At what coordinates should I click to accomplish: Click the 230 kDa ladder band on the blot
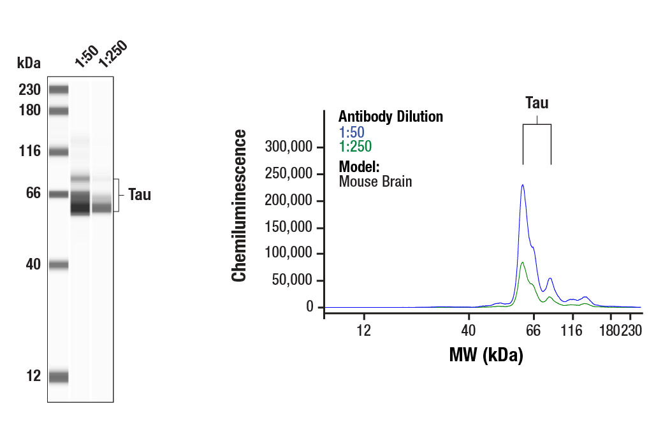tap(58, 89)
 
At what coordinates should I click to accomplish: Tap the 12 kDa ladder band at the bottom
tap(58, 377)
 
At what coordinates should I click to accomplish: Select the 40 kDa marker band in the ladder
tap(58, 265)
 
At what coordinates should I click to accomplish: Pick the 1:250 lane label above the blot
tap(113, 54)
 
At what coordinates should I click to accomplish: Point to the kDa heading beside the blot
tap(29, 62)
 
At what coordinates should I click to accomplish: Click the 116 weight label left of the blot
tap(29, 152)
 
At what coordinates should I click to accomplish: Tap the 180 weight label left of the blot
tap(29, 111)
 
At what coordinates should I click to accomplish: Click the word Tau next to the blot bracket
tap(140, 195)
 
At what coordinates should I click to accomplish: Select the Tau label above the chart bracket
tap(537, 103)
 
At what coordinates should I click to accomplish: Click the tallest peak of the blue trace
tap(523, 185)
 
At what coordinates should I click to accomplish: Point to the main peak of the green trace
tap(523, 263)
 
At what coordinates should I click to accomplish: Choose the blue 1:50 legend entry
tap(351, 133)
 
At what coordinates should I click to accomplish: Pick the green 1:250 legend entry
tap(355, 147)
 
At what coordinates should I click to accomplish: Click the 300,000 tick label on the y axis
tap(288, 147)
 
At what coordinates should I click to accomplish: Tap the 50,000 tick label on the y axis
tap(292, 281)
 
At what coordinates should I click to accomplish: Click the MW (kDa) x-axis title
tap(486, 355)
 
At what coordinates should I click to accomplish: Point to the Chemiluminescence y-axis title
tap(239, 205)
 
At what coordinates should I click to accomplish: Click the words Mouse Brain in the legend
tap(375, 182)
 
